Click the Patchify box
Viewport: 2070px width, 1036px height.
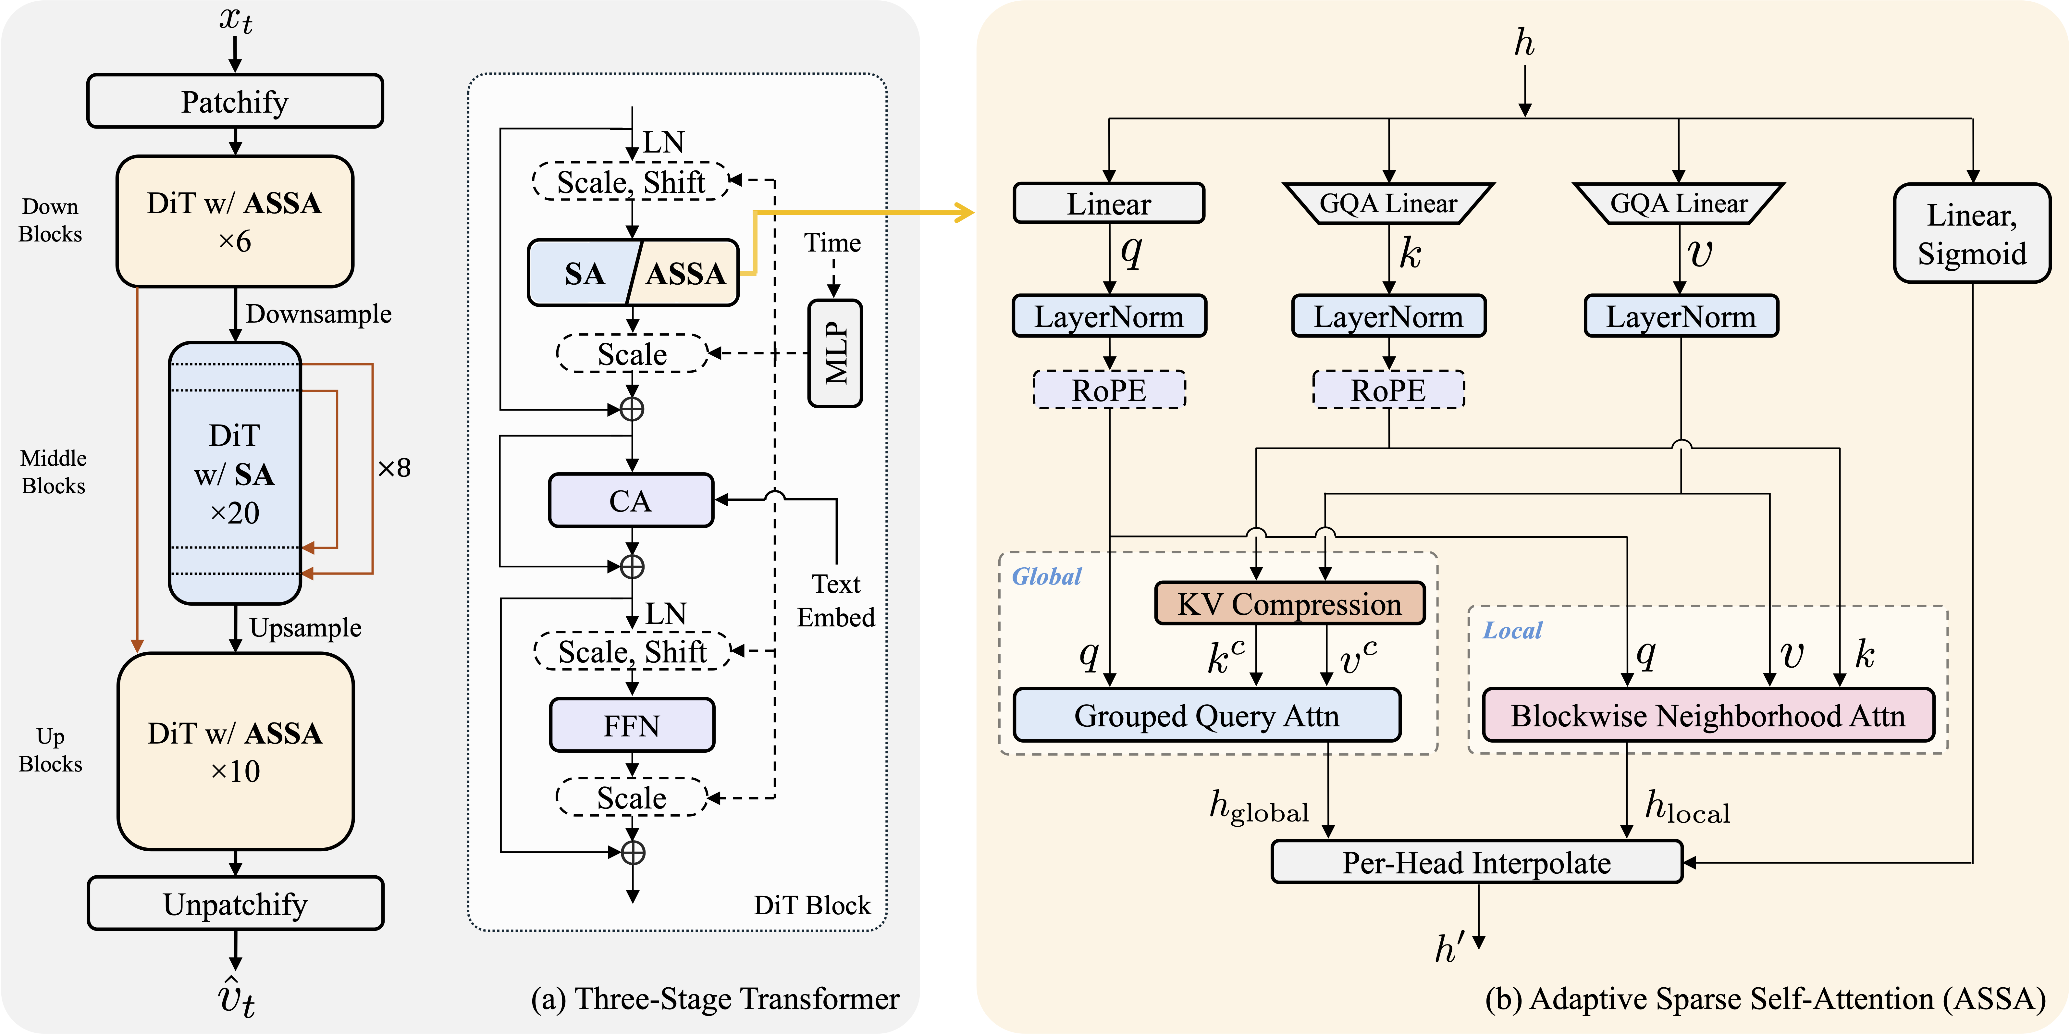point(235,101)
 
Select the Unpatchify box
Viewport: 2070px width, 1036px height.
point(235,903)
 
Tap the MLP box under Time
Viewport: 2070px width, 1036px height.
point(835,354)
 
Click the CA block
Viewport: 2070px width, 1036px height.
point(631,501)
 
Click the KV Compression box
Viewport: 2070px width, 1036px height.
point(1289,604)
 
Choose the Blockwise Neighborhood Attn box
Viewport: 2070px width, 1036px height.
point(1707,714)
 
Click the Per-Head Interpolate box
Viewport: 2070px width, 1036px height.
point(1476,862)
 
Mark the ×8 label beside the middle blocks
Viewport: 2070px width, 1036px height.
point(394,468)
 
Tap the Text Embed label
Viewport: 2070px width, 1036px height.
point(836,600)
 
